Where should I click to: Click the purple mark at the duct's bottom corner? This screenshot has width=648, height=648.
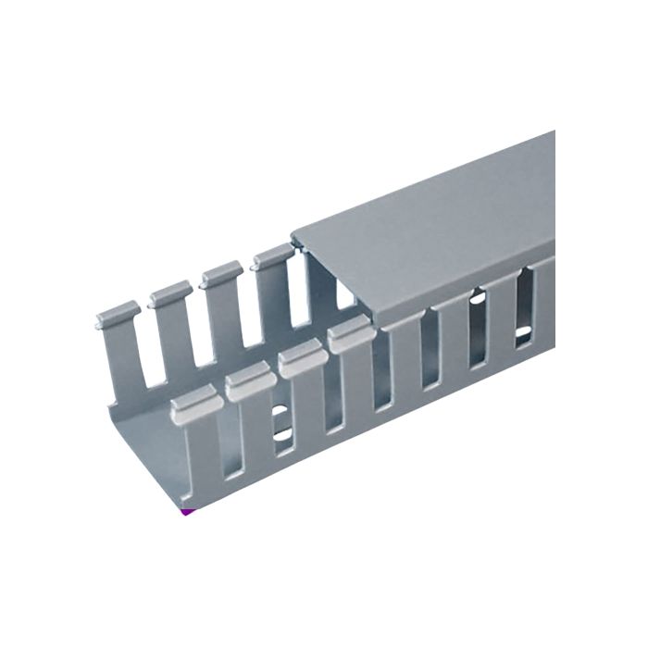[187, 510]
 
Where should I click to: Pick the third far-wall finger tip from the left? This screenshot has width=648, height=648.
[222, 275]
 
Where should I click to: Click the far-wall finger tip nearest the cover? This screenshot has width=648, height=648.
[273, 257]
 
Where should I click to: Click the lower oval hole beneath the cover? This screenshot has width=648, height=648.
[523, 330]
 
